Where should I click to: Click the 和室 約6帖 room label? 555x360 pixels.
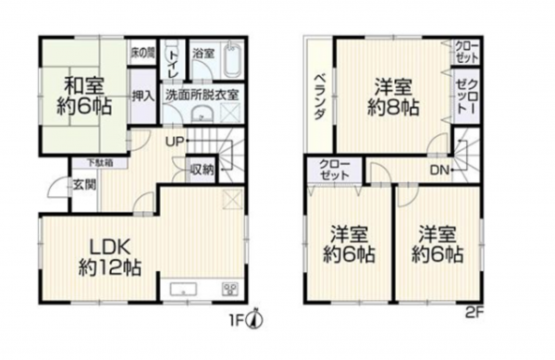80,94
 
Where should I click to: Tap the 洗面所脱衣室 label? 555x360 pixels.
203,94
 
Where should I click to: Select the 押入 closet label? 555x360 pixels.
142,96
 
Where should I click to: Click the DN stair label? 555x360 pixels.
440,168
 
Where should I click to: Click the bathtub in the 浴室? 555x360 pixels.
232,62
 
